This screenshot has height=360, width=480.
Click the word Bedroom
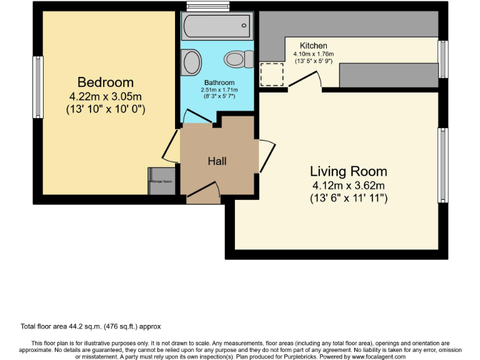pyautogui.click(x=105, y=82)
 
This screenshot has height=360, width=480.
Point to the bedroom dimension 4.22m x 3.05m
pyautogui.click(x=105, y=96)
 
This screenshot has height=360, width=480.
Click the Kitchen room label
pyautogui.click(x=313, y=46)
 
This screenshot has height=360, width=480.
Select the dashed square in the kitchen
pyautogui.click(x=271, y=75)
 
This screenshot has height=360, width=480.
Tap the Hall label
pyautogui.click(x=217, y=161)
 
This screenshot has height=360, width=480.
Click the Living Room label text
pyautogui.click(x=348, y=171)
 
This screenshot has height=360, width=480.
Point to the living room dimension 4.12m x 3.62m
pyautogui.click(x=348, y=186)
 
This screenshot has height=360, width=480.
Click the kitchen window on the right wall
pyautogui.click(x=442, y=59)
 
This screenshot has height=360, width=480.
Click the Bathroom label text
pyautogui.click(x=219, y=82)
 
